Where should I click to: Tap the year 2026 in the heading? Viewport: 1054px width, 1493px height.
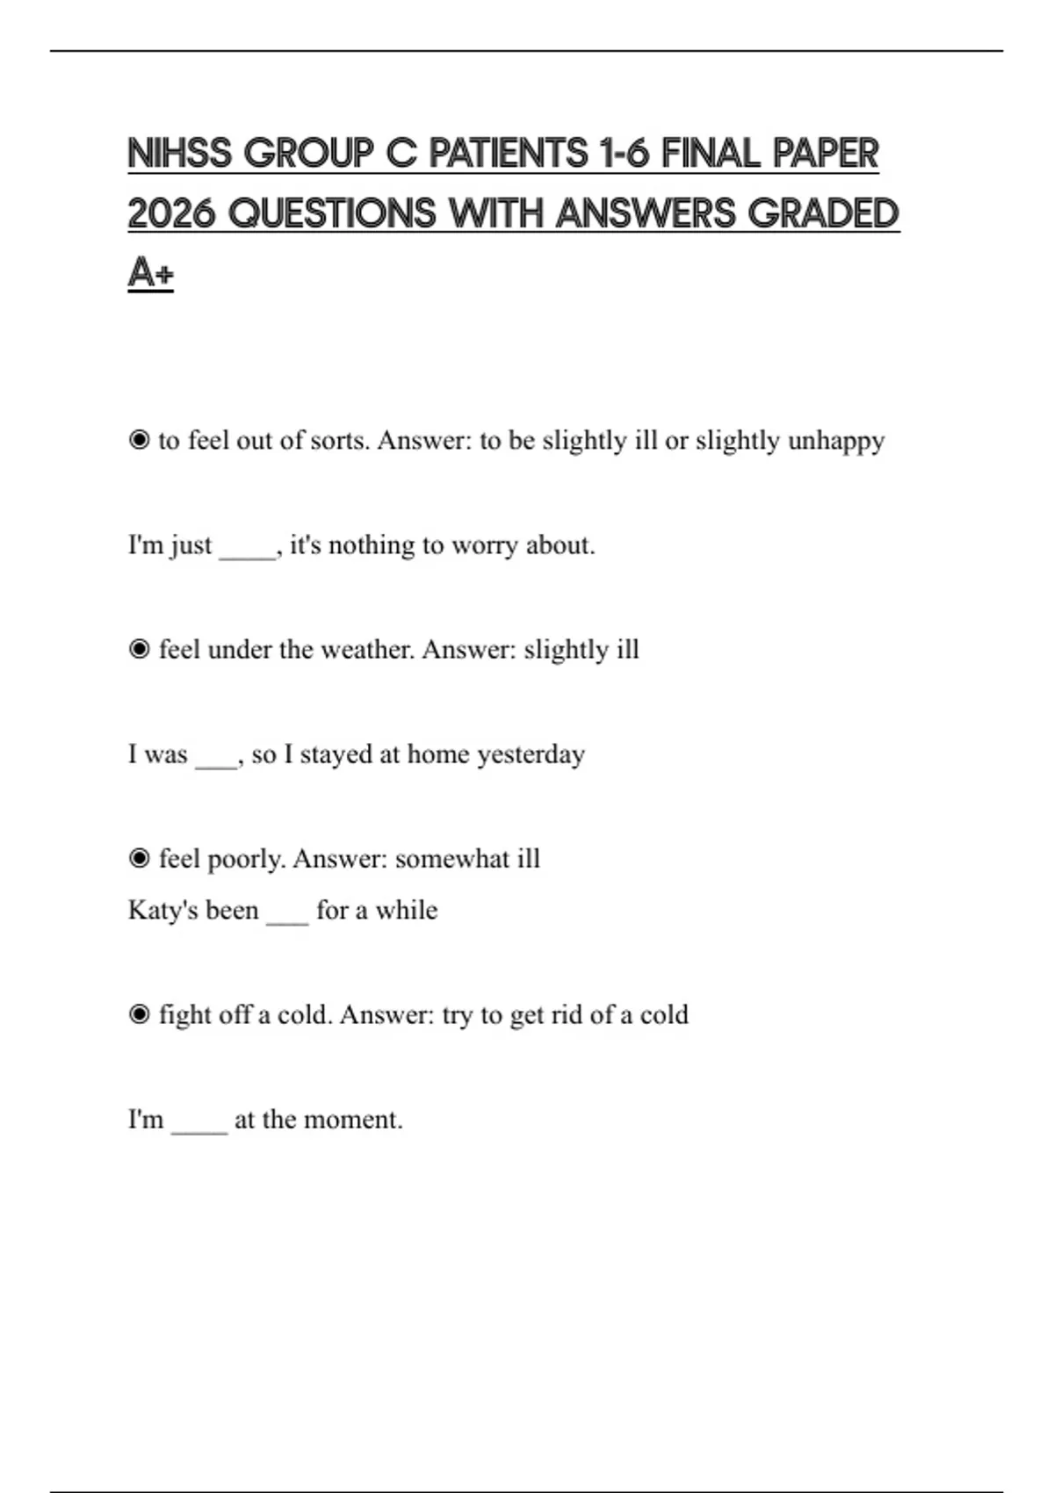pyautogui.click(x=171, y=213)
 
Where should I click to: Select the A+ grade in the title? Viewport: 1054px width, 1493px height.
pyautogui.click(x=150, y=272)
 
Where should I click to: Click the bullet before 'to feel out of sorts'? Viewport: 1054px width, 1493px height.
pyautogui.click(x=139, y=440)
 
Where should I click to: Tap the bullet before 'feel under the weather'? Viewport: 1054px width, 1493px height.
pyautogui.click(x=139, y=649)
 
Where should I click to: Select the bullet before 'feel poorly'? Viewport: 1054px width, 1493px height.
pyautogui.click(x=139, y=858)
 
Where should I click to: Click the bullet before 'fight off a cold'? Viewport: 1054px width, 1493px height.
pyautogui.click(x=139, y=1014)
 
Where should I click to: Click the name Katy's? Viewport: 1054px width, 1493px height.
pyautogui.click(x=193, y=910)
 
